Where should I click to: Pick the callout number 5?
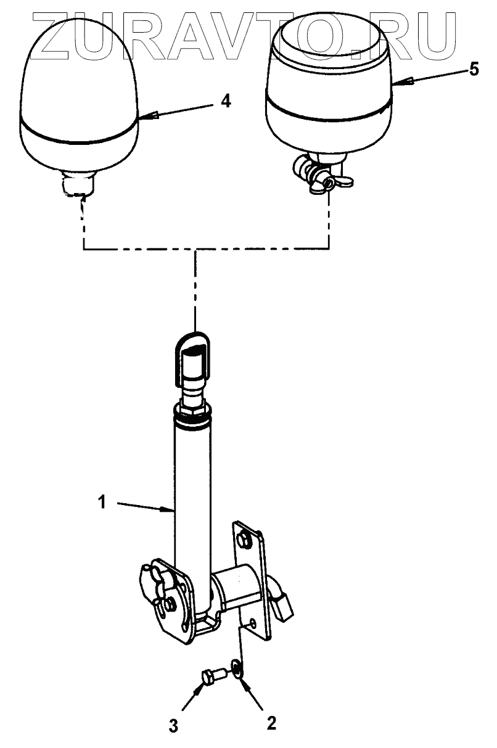[473, 69]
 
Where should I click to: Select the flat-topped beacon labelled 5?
[330, 80]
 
